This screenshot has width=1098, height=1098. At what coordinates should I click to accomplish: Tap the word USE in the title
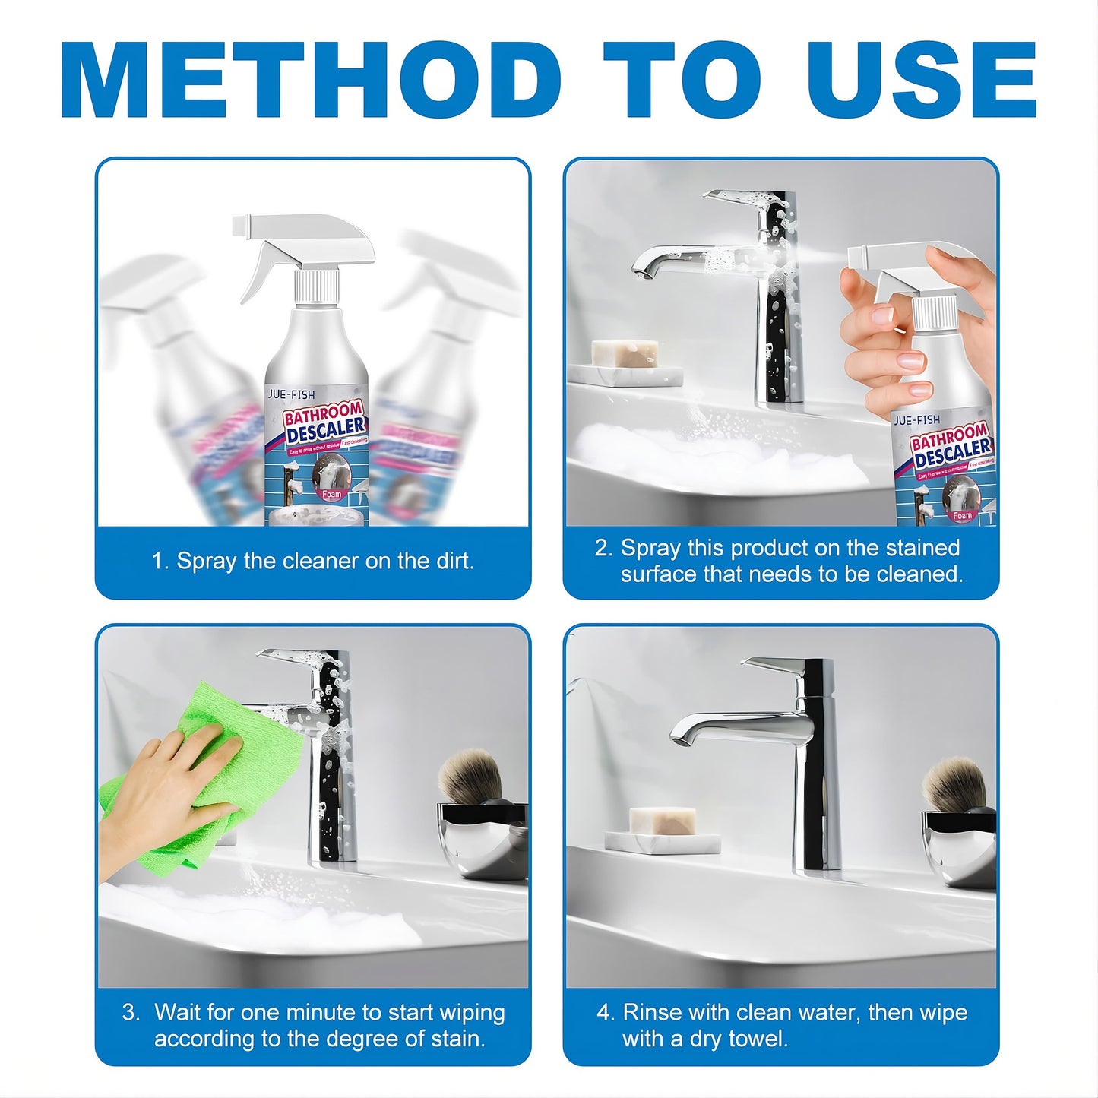pyautogui.click(x=921, y=80)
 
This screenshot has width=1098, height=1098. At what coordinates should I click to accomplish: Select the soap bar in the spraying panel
pyautogui.click(x=625, y=353)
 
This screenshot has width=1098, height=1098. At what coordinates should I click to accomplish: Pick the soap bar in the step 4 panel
pyautogui.click(x=663, y=821)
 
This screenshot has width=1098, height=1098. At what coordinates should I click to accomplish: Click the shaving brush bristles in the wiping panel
pyautogui.click(x=472, y=774)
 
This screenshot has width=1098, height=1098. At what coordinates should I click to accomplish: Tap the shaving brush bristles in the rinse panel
pyautogui.click(x=954, y=783)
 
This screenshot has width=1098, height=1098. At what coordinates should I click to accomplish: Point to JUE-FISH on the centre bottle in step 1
pyautogui.click(x=291, y=394)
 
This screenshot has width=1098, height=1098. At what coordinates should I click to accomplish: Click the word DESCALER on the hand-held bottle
pyautogui.click(x=953, y=452)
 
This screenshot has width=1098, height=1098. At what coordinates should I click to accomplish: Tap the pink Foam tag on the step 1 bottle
pyautogui.click(x=332, y=494)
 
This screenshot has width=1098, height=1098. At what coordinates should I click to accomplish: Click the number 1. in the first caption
pyautogui.click(x=160, y=562)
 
